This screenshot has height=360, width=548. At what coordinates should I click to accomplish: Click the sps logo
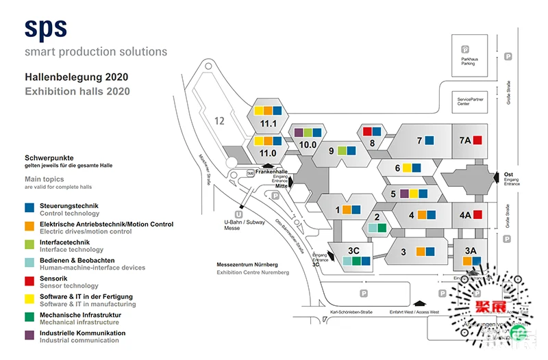[46, 28]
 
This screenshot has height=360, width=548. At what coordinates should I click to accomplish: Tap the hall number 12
[219, 120]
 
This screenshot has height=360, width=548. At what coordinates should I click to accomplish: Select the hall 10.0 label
[308, 144]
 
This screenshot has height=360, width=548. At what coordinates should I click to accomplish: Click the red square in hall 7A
[478, 140]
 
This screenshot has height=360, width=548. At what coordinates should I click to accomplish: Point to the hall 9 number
[331, 151]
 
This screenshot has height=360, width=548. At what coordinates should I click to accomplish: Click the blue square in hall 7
[429, 140]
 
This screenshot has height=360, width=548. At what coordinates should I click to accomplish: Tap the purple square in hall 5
[404, 194]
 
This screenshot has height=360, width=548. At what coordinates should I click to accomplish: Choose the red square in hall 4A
[478, 214]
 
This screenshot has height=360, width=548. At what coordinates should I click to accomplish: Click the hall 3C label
[353, 250]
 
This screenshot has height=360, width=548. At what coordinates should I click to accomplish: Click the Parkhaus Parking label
[468, 62]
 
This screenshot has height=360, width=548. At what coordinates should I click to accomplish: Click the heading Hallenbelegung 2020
[76, 77]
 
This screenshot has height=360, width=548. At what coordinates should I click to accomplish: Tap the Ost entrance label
[508, 174]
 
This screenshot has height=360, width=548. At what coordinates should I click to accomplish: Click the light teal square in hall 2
[373, 228]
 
